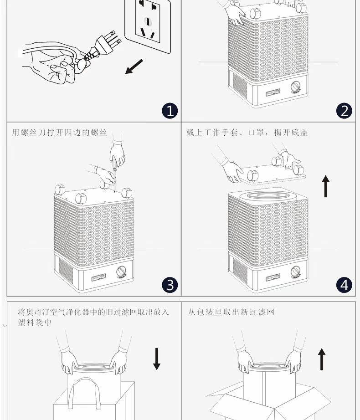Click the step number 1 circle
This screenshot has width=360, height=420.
point(170,111)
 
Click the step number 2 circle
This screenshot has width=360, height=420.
point(344,111)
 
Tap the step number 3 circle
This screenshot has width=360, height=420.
point(170,285)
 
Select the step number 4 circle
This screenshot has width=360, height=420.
point(344,285)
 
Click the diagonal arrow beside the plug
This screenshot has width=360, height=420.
point(134,67)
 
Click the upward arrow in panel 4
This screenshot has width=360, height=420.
point(326,187)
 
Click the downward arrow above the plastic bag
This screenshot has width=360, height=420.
point(157,359)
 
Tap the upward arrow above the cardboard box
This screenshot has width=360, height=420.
point(322,359)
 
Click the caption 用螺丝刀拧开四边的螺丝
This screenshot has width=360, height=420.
point(59,133)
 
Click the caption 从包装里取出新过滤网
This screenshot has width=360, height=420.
point(231,312)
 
